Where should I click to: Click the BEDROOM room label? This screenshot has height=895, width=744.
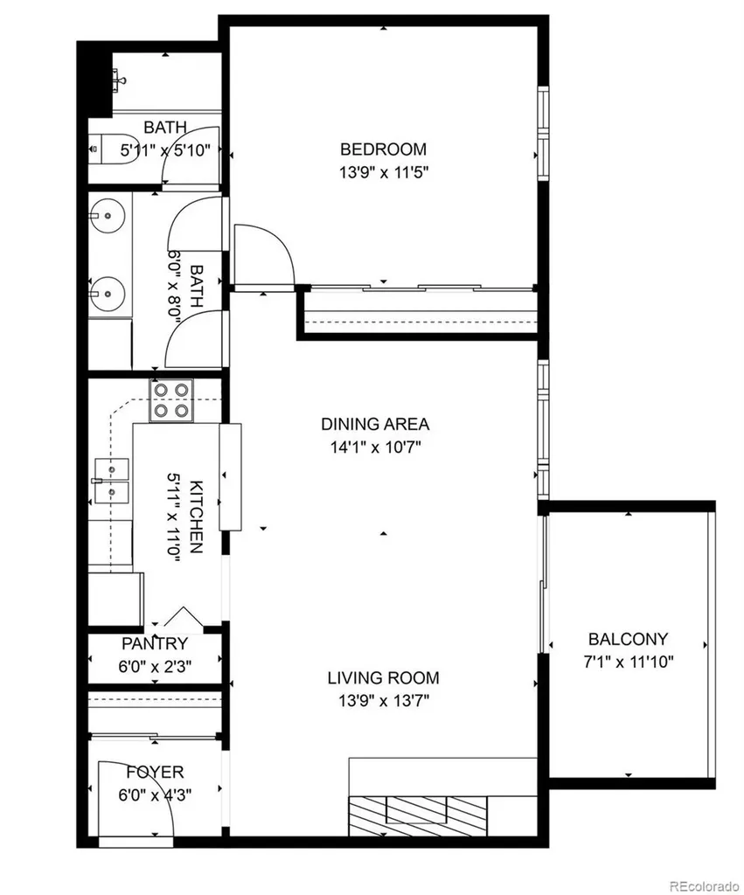383,149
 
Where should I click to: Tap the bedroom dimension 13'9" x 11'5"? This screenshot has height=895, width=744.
384,172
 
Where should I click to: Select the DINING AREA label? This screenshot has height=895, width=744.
375,424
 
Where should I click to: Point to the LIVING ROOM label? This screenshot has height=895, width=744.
383,678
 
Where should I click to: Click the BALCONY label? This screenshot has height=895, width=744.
628,639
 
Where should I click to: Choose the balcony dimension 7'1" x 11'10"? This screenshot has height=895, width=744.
628,663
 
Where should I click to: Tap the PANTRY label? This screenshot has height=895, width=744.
155,644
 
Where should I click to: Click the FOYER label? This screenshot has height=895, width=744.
155,773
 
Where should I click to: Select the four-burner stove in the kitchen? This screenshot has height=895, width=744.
171,400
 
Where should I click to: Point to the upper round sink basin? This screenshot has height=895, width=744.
108,216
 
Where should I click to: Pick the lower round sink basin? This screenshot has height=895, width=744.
108,294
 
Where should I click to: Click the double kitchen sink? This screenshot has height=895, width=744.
112,481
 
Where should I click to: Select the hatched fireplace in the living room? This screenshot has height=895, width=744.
417,816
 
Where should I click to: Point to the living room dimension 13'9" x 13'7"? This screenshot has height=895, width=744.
384,700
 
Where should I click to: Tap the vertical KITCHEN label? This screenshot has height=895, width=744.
196,517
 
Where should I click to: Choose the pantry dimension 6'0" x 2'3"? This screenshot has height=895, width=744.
155,666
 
